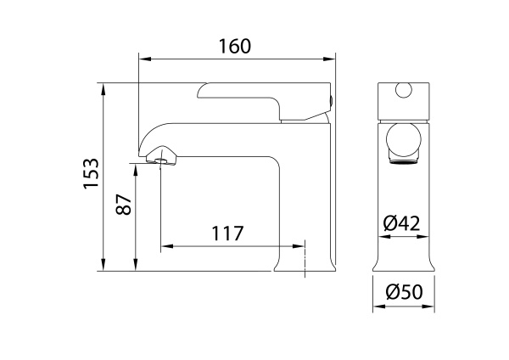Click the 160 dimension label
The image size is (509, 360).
click(235, 46)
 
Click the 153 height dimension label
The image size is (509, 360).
click(91, 173)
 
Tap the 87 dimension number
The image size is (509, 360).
click(124, 205)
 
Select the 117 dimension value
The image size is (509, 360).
click(227, 233)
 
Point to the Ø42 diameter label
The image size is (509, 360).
click(401, 223)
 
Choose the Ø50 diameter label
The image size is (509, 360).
click(405, 291)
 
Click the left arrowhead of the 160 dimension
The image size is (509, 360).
click(145, 59)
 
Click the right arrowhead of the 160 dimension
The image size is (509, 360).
click(329, 59)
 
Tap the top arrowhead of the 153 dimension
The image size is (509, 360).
click(103, 89)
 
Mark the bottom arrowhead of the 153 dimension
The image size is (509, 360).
click(103, 265)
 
